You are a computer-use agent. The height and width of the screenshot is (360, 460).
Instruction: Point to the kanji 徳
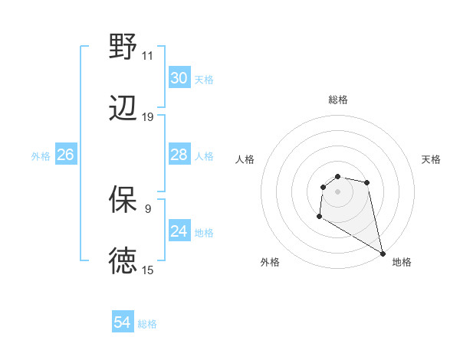coord(123,261)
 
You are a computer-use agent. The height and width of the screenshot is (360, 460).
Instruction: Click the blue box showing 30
coord(179,78)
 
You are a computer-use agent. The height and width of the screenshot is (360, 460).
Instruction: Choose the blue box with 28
coord(179,155)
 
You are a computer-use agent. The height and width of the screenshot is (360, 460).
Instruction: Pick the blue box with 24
coord(179,231)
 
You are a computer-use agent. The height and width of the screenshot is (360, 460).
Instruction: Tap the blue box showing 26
coord(65,155)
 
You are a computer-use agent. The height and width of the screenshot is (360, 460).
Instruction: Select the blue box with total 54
coord(122,322)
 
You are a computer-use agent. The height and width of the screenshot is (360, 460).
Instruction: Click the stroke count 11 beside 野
coord(147,55)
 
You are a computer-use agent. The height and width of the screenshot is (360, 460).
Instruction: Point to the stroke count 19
coord(148,117)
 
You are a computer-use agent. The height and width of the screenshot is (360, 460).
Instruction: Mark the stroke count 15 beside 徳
coord(148,270)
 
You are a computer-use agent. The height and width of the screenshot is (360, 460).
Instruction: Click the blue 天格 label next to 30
coord(204,80)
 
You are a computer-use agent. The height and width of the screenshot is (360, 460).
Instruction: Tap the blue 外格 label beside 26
coord(41,156)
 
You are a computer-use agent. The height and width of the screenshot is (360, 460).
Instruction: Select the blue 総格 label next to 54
coord(147,324)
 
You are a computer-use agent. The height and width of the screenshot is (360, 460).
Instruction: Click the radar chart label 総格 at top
coord(337,100)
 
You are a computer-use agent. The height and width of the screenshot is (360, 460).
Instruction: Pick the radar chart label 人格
coord(245,159)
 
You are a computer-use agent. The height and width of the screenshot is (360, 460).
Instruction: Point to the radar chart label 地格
coord(402,262)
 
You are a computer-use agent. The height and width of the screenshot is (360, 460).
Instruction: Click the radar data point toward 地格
coord(383,253)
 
